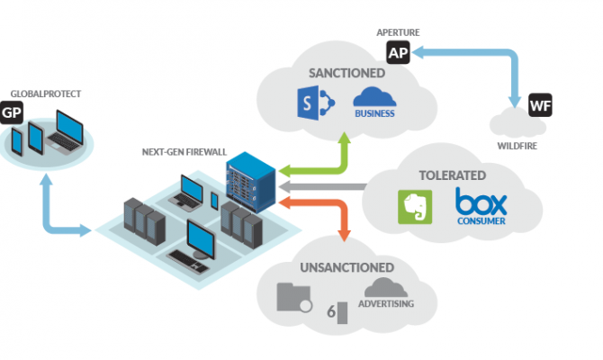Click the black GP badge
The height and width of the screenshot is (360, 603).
(12, 112)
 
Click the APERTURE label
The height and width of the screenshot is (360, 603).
(398, 32)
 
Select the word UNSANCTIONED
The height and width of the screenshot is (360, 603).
(348, 267)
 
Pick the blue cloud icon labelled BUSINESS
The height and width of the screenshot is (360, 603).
(375, 98)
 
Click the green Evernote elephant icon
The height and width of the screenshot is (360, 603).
(415, 206)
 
